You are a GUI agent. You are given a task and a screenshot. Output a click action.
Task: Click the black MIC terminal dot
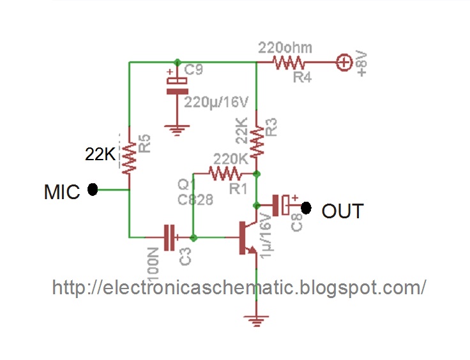(93, 190)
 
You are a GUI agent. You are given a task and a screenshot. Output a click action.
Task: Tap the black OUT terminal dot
(306, 208)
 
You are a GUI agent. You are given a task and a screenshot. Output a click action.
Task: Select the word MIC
(62, 192)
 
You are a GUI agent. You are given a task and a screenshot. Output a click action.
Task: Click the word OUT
(343, 211)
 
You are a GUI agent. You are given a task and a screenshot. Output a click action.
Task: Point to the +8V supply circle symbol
(344, 63)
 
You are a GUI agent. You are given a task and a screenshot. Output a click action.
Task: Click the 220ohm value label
(285, 48)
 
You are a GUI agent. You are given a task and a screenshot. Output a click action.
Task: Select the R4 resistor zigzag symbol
(289, 63)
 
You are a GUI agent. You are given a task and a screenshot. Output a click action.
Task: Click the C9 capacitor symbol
(178, 86)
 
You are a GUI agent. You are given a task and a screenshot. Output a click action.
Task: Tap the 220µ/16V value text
(216, 102)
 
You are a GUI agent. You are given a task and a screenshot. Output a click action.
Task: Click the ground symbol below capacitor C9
(177, 130)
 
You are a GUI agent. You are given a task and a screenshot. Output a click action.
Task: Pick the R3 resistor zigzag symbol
(257, 141)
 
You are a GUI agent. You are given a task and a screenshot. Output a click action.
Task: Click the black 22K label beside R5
(100, 154)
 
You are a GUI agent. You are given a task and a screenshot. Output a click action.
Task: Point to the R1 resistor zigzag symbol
(225, 174)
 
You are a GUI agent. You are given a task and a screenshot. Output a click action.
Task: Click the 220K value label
(231, 159)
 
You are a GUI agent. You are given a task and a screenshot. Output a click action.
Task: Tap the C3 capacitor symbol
(170, 237)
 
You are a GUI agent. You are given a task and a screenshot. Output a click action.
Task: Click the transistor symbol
(248, 238)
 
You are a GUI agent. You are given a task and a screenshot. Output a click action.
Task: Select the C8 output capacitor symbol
(280, 205)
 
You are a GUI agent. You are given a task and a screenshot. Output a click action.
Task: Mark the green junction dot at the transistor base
(193, 238)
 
